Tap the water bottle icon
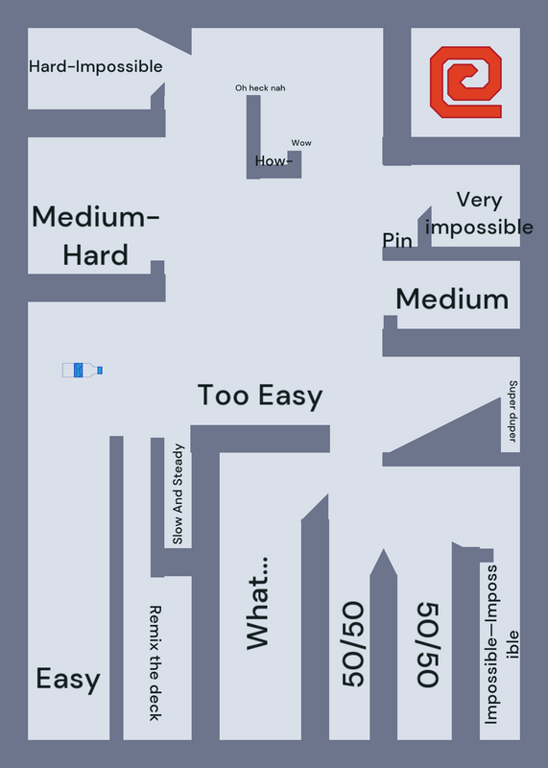pos(83,371)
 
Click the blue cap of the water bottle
pos(100,371)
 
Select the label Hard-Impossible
pos(96,66)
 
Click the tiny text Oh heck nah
pos(260,88)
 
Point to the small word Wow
pos(301,143)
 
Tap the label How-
pos(274,160)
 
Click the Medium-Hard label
pos(96,236)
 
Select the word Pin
pos(397,241)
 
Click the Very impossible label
pos(479,213)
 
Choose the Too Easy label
pos(260,396)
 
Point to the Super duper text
pos(512,411)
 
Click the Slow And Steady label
pos(178,494)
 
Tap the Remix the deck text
pos(155,663)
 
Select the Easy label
pos(68,680)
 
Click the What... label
pos(258,604)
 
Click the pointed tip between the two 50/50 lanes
pos(384,549)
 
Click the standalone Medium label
pos(452,300)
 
